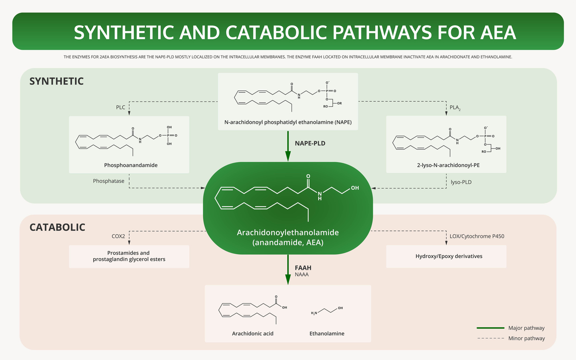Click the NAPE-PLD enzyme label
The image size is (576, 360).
pyautogui.click(x=310, y=144)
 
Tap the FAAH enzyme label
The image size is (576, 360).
pyautogui.click(x=303, y=268)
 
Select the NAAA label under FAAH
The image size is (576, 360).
pyautogui.click(x=302, y=275)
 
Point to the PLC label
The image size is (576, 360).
pyautogui.click(x=121, y=107)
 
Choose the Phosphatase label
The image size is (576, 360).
pyautogui.click(x=108, y=181)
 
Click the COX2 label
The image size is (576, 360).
pyautogui.click(x=118, y=236)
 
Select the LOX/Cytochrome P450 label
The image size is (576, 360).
pyautogui.click(x=477, y=236)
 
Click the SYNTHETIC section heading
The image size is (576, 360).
pyautogui.click(x=56, y=81)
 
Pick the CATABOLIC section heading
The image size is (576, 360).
pyautogui.click(x=57, y=228)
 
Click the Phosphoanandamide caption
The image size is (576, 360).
pyautogui.click(x=131, y=165)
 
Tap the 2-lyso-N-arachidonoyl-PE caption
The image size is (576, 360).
pyautogui.click(x=446, y=165)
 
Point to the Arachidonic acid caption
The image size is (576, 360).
pyautogui.click(x=252, y=333)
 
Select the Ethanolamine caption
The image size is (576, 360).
pyautogui.click(x=327, y=333)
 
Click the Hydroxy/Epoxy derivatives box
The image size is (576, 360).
pyautogui.click(x=446, y=256)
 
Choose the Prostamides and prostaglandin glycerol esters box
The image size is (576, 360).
pyautogui.click(x=129, y=256)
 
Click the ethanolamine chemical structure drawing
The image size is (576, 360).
pyautogui.click(x=327, y=311)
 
